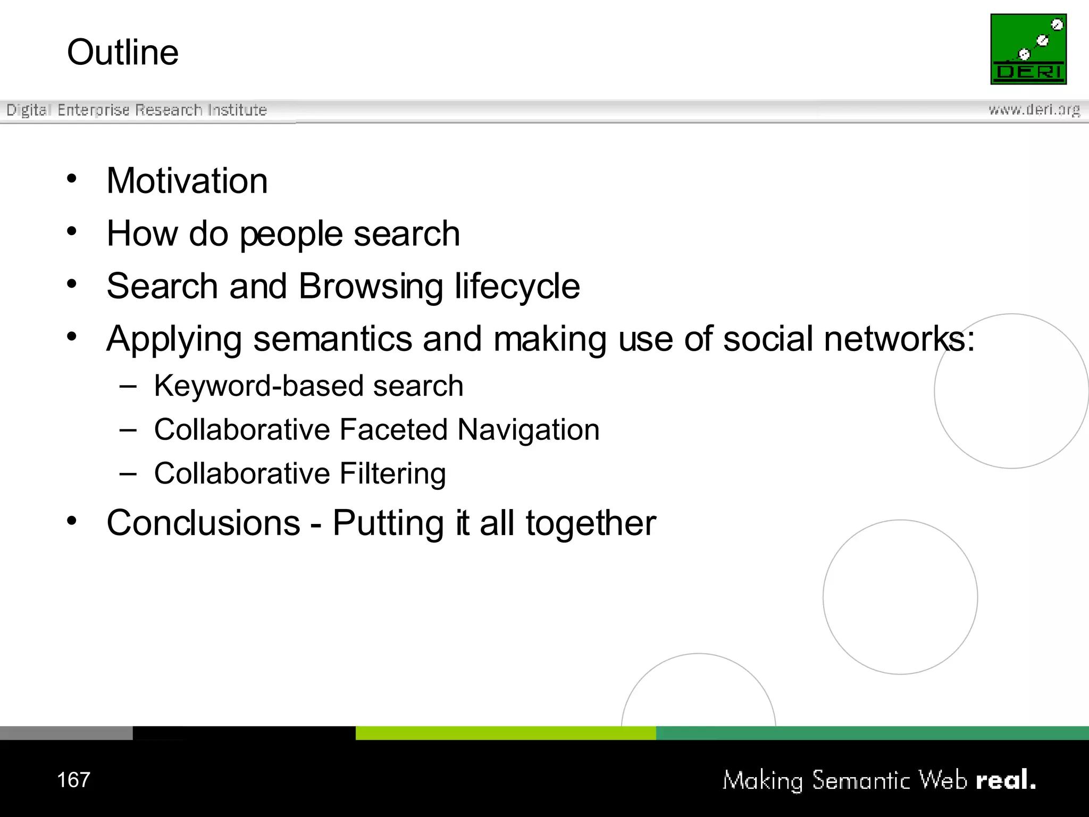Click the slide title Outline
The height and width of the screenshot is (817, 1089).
pyautogui.click(x=123, y=52)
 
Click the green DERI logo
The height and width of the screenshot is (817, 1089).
pyautogui.click(x=1028, y=49)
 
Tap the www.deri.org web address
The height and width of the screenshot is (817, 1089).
pyautogui.click(x=1034, y=110)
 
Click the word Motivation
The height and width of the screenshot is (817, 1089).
pyautogui.click(x=187, y=181)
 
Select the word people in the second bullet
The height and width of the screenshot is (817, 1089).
pyautogui.click(x=291, y=234)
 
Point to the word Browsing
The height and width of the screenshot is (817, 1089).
pyautogui.click(x=371, y=286)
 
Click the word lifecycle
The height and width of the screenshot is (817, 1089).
pyautogui.click(x=517, y=286)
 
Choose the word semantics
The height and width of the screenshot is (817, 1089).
pyautogui.click(x=333, y=339)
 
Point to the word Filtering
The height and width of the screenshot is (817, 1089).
pyautogui.click(x=393, y=473)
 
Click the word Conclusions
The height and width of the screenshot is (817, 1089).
pyautogui.click(x=204, y=523)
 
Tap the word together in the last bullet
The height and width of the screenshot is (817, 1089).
pyautogui.click(x=591, y=523)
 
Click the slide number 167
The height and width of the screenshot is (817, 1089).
pyautogui.click(x=73, y=780)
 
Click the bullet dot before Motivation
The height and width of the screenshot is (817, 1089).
pyautogui.click(x=72, y=178)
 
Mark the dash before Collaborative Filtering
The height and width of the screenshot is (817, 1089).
pyautogui.click(x=128, y=473)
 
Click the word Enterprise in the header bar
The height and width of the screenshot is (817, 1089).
pyautogui.click(x=94, y=110)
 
